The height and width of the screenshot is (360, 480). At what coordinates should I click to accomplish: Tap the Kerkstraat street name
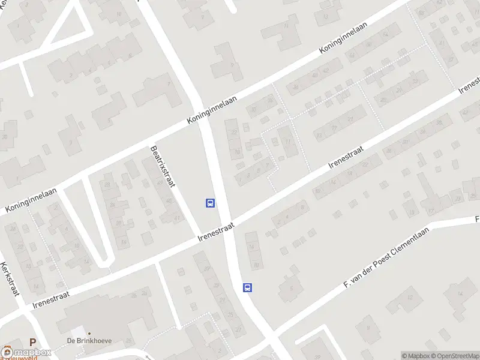tap(10, 280)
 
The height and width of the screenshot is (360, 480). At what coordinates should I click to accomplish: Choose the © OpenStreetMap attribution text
tap(454, 356)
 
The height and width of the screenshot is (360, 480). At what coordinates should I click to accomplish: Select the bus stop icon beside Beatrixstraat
tap(211, 203)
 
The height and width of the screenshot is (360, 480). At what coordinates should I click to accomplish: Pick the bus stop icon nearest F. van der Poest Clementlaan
tap(247, 287)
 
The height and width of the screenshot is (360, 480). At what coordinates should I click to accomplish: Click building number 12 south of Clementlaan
tap(410, 297)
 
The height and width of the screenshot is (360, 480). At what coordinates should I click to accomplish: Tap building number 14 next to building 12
tap(460, 294)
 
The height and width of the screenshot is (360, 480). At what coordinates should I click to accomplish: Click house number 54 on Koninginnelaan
tap(353, 56)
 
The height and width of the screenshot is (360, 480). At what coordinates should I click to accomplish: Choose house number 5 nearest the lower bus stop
tap(292, 289)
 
